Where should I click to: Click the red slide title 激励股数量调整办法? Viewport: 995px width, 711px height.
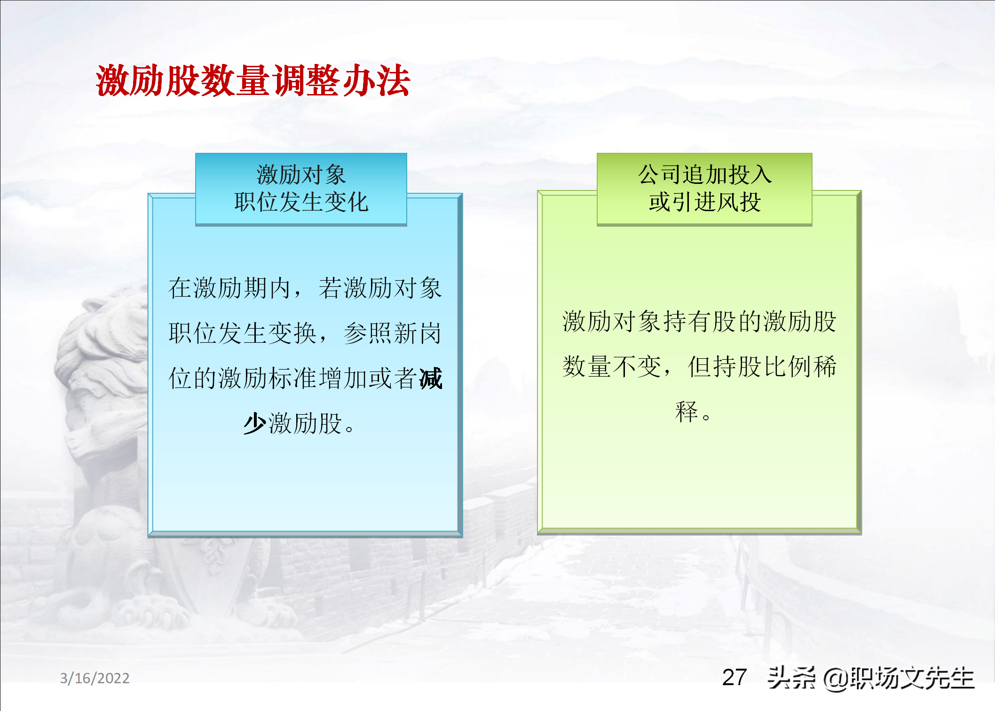coord(253,80)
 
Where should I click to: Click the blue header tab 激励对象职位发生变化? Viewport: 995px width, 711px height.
coord(301,189)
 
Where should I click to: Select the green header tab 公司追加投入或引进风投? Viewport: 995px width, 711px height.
coord(704,189)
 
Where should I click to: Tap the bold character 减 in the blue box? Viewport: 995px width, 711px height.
coord(431,379)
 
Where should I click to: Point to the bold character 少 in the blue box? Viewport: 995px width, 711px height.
coord(255,423)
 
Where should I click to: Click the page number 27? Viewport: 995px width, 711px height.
coord(734,678)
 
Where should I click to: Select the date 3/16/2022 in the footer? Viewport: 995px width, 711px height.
coord(95,678)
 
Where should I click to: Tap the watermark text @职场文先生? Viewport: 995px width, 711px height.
coord(898,679)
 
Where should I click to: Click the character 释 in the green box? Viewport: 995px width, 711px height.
coord(687,411)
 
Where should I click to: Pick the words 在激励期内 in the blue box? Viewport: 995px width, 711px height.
coord(229,288)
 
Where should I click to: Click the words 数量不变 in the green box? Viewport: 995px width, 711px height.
coord(612,366)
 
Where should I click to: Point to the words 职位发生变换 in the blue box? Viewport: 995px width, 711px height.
coord(243,333)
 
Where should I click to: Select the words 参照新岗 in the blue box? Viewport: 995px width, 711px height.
coord(393,333)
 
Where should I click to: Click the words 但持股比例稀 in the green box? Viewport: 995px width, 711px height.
coord(762,366)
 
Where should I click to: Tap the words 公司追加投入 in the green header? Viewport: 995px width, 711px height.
coord(704,174)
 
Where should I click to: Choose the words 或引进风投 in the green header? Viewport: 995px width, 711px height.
coord(704,202)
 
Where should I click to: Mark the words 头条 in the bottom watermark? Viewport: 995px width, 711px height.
coord(792,678)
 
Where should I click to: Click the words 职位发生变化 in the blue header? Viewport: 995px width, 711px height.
coord(301,202)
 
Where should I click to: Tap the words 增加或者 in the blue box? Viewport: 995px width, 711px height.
coord(368,379)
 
